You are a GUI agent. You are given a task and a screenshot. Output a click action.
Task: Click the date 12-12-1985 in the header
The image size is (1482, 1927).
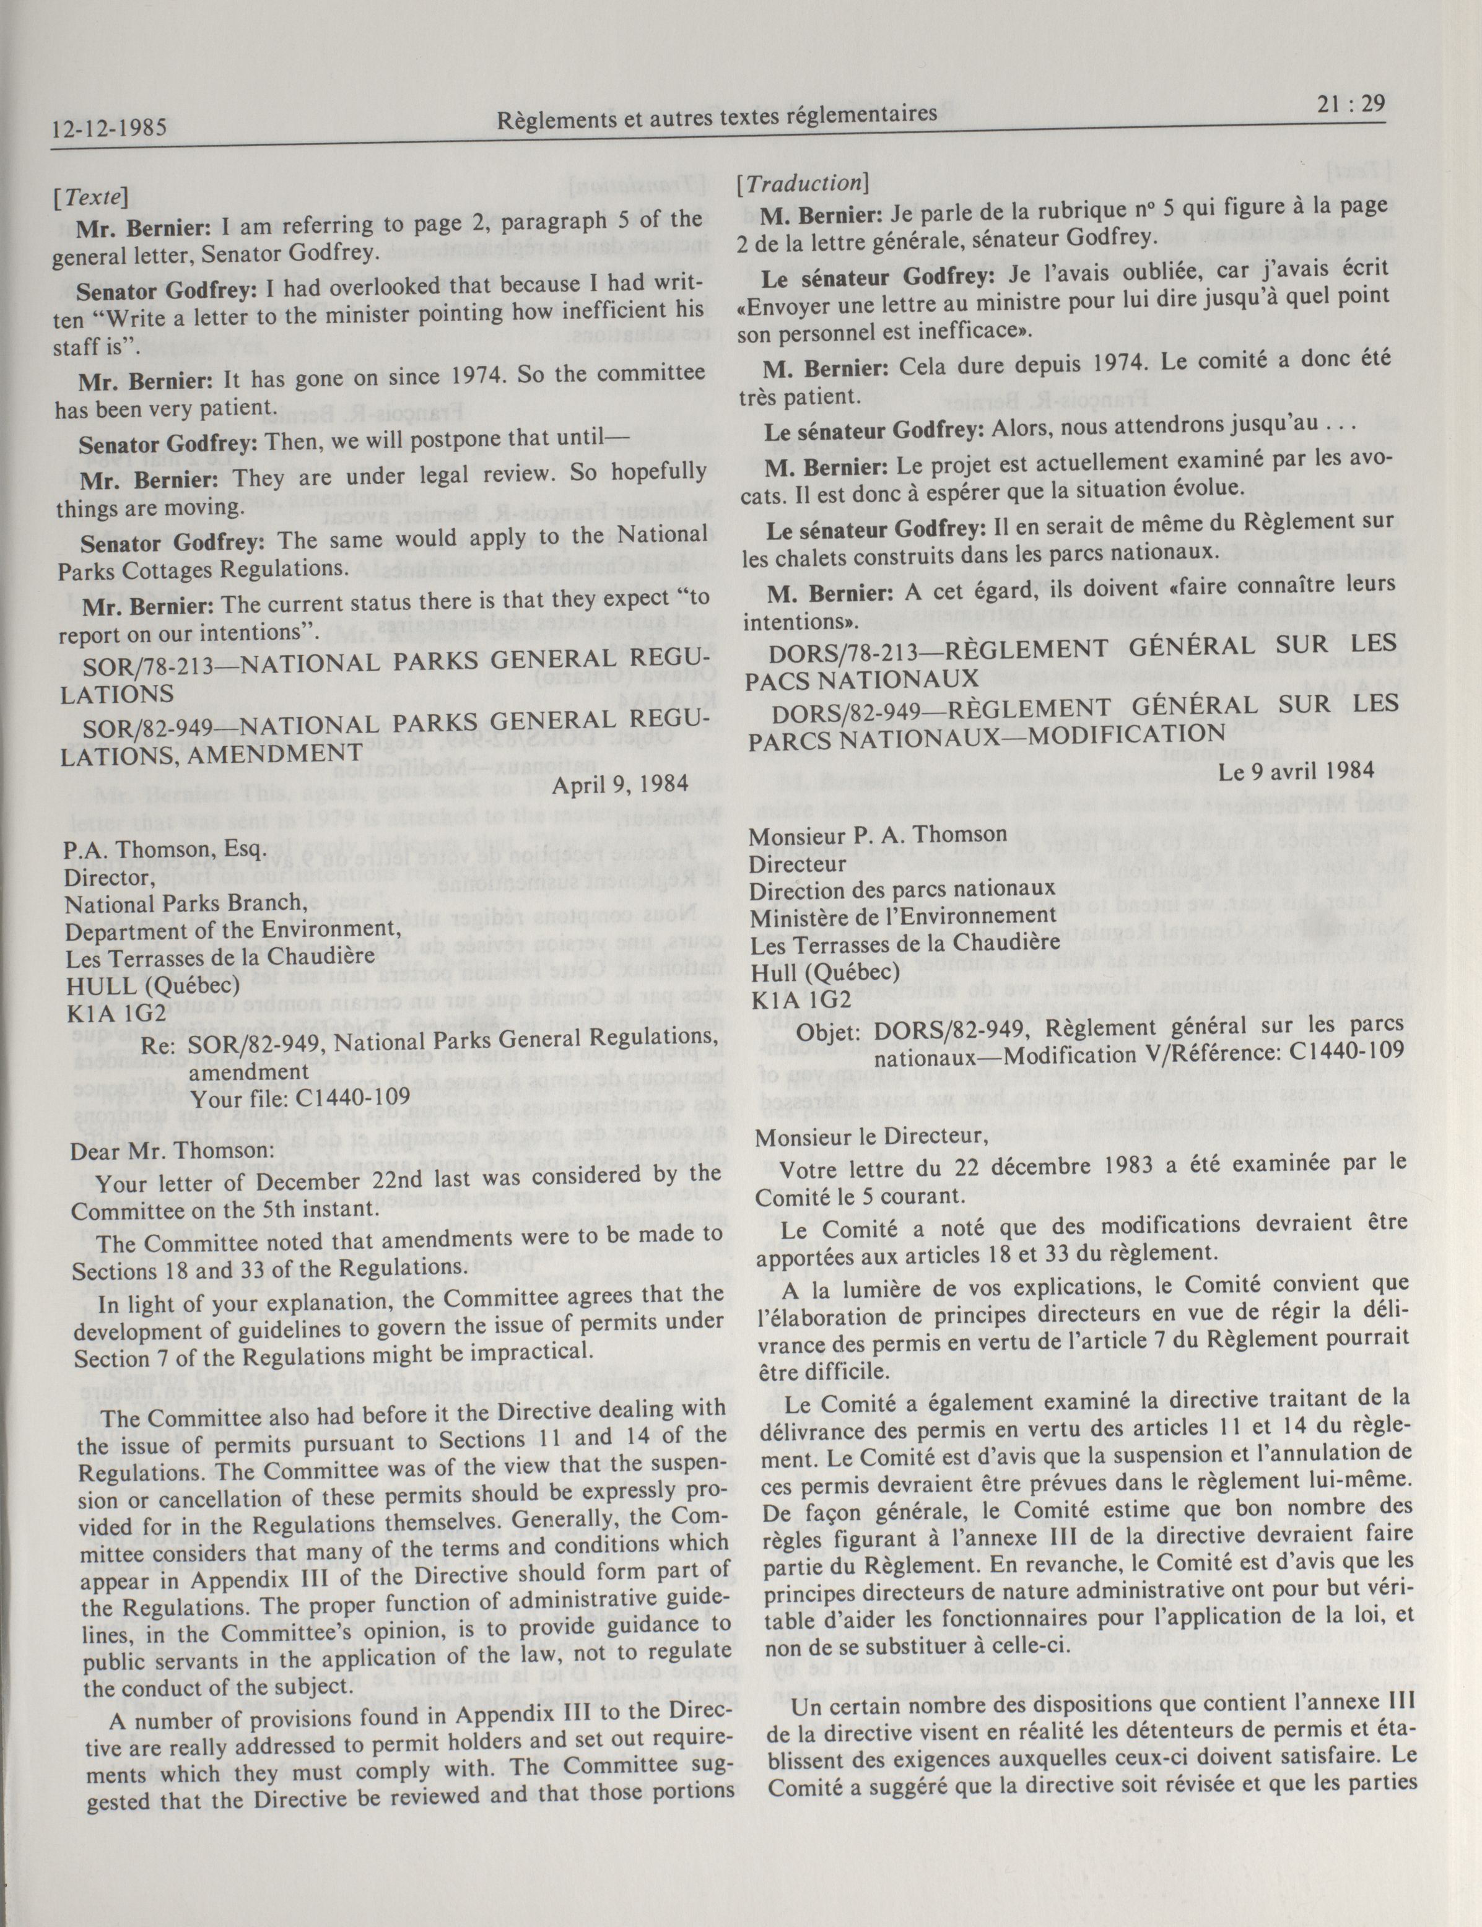[110, 128]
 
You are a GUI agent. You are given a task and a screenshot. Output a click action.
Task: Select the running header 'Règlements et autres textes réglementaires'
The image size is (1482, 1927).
[717, 116]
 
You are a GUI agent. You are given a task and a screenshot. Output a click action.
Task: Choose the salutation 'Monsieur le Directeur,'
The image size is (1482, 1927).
[870, 1137]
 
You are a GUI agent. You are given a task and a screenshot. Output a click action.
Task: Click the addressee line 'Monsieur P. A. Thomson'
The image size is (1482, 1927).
[878, 833]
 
